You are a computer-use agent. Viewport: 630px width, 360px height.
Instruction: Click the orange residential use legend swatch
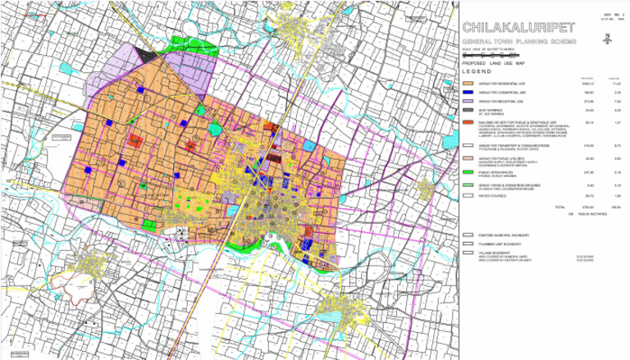click(x=467, y=84)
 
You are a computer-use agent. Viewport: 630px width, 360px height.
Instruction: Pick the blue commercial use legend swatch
click(x=467, y=93)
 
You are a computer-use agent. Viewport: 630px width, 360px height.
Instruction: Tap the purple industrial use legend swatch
click(x=467, y=102)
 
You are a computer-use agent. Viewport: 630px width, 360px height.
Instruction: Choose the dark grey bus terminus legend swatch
click(x=467, y=110)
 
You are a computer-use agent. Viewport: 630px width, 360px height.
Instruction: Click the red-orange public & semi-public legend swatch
click(x=467, y=121)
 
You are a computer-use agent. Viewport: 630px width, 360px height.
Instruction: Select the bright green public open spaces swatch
click(x=467, y=172)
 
